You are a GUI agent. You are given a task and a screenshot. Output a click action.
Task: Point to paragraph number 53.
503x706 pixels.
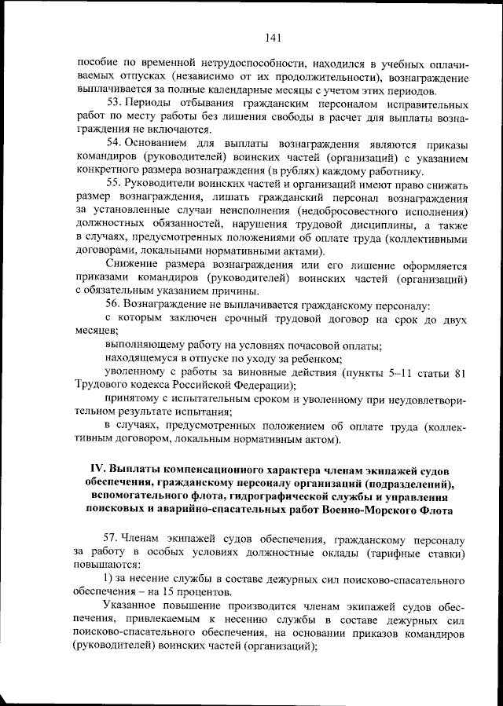pos(112,103)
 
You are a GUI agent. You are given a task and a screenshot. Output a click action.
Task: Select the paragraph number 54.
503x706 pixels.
pos(112,144)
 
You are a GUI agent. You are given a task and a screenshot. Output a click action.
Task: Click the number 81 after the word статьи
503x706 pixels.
pos(462,372)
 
